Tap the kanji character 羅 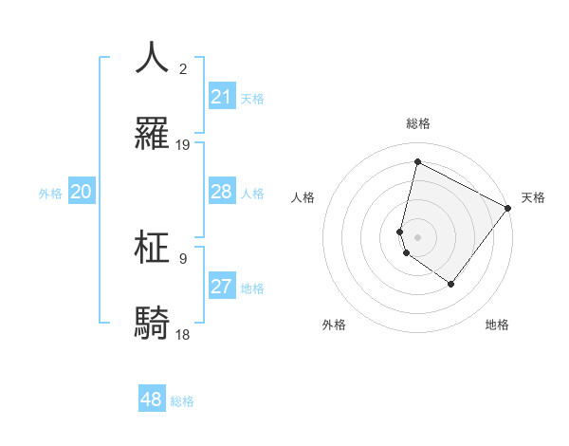coord(153,134)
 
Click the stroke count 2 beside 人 coord(183,68)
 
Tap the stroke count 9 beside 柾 coord(183,258)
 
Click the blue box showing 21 coord(222,97)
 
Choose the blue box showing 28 coord(222,192)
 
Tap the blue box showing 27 coord(222,287)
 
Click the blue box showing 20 coord(81,192)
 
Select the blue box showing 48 coord(152,400)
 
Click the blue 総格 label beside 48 coord(182,401)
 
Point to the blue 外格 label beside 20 coord(50,194)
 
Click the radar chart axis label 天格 coord(533,197)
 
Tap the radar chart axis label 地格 coord(497,325)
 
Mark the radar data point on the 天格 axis coord(508,208)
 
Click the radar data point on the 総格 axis coord(417,162)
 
